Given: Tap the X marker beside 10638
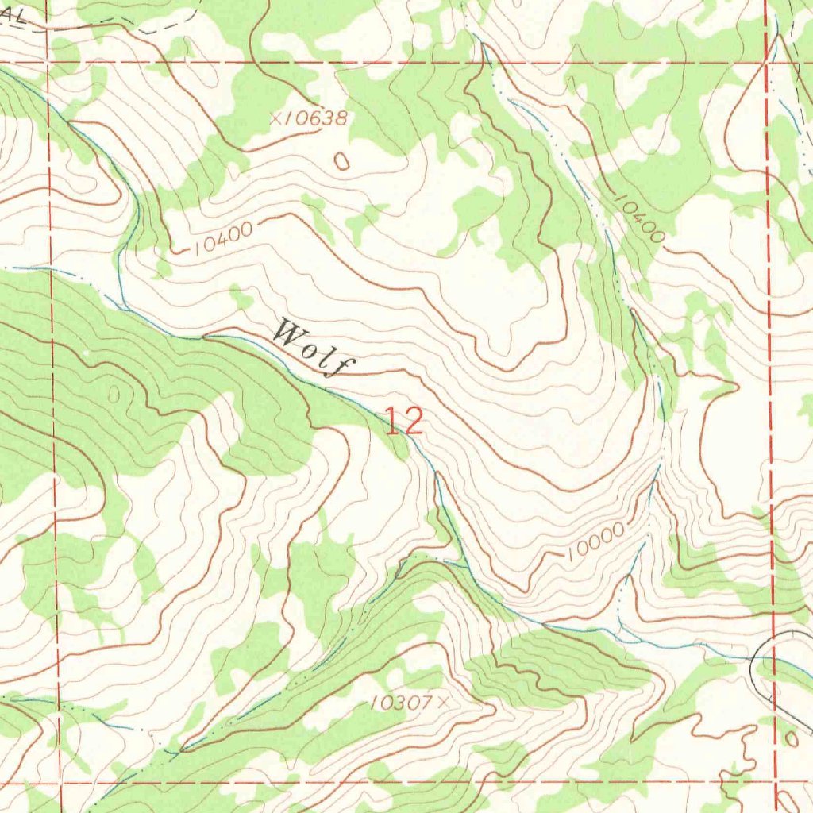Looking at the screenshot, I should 276,118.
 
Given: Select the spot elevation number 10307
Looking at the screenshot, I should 400,702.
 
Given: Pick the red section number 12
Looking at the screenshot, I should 404,421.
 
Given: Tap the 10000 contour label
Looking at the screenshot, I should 595,543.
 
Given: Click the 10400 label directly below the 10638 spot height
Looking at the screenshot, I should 222,238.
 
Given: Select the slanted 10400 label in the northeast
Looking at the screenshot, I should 639,218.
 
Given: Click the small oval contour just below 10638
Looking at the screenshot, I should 342,161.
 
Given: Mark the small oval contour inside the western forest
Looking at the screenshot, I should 116,393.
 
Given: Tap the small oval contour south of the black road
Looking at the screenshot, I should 790,739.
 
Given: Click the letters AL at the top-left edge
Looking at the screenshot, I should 12,16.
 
